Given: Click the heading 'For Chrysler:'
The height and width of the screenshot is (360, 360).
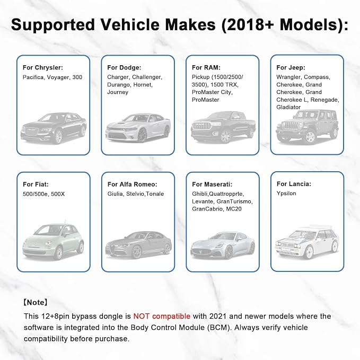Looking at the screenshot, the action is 43,67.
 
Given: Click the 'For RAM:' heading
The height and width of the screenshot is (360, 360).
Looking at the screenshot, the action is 206,67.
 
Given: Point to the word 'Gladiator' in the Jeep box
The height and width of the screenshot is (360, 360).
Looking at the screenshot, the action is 288,107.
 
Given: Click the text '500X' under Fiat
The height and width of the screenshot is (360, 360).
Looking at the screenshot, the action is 58,194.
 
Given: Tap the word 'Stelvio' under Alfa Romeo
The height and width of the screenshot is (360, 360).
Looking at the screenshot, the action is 135,194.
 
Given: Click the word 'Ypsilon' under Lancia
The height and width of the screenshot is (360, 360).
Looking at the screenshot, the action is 286,194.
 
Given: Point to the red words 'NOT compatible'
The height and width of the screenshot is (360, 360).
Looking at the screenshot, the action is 162,316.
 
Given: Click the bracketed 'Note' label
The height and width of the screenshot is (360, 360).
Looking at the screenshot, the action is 36,302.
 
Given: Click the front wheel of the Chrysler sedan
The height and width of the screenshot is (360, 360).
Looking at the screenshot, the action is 58,137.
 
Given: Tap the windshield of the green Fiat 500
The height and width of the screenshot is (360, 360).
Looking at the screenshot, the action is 48,230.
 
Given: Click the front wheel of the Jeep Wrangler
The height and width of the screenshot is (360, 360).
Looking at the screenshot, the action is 310,137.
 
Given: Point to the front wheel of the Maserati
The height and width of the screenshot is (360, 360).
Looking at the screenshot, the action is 229,252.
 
